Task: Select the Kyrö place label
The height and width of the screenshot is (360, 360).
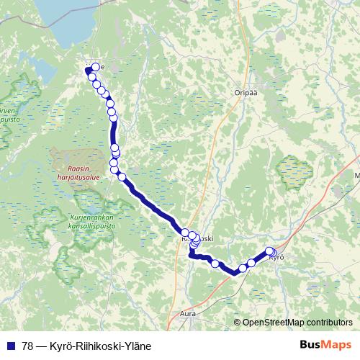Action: (278, 257)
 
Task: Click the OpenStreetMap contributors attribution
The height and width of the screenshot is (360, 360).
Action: (297, 323)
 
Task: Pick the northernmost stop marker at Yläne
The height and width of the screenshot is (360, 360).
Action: (95, 67)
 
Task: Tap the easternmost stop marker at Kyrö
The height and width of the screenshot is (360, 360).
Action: (272, 252)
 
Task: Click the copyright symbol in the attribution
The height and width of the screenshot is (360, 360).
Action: (238, 323)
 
